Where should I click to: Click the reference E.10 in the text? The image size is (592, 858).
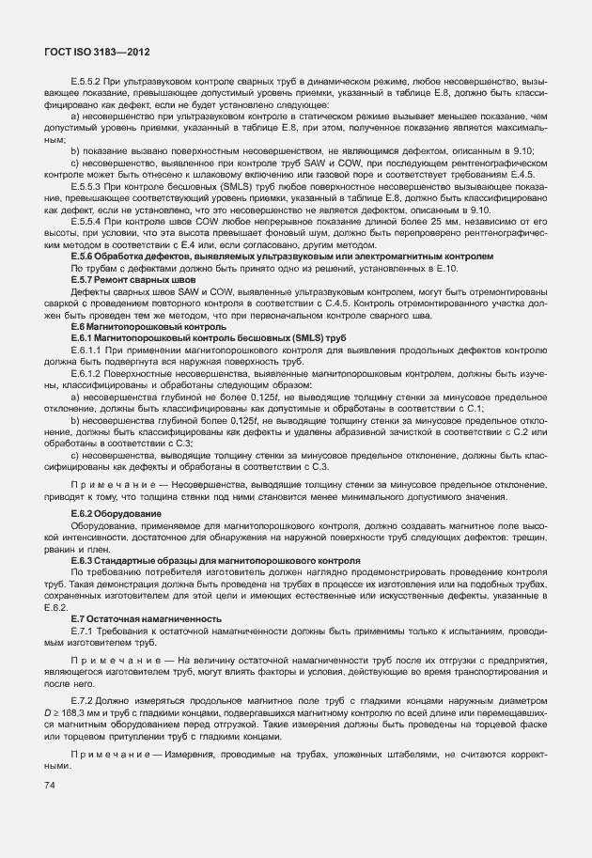[441, 268]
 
